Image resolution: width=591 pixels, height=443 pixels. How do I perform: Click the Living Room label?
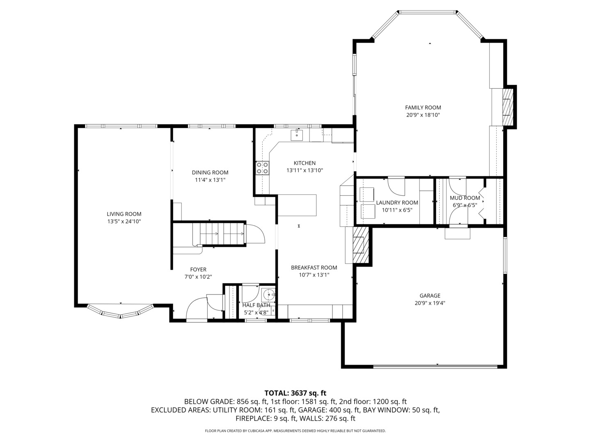coord(124,214)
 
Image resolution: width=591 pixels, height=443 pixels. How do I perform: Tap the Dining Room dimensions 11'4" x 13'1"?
coord(210,180)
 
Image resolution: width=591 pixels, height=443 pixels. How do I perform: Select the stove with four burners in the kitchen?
coord(263,168)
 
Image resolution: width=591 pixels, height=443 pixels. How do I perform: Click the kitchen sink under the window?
coord(297,134)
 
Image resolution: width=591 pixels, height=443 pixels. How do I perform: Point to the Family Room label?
coord(423,107)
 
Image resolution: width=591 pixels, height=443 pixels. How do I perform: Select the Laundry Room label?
coord(397,203)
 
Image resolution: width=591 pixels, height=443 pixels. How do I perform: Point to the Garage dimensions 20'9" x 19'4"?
coord(430,303)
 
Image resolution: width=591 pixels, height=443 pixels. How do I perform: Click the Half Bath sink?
coord(268,294)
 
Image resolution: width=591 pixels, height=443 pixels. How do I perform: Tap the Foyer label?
coord(198,269)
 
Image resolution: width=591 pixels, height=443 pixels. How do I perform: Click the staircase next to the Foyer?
coord(222,234)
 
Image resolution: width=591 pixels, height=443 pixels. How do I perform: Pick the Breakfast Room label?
coord(314,267)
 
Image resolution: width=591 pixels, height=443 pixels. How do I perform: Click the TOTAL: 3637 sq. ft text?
coord(295,393)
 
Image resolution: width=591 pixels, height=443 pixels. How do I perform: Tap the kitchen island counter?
coord(298,205)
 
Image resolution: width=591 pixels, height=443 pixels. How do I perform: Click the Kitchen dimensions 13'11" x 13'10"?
coord(305,170)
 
